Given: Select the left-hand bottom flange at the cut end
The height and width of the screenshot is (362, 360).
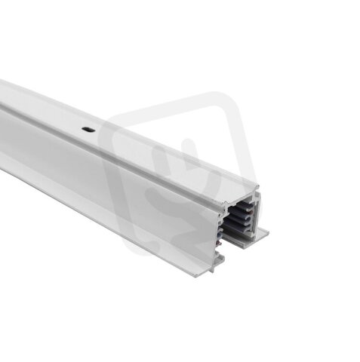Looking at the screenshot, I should point(217,263).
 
